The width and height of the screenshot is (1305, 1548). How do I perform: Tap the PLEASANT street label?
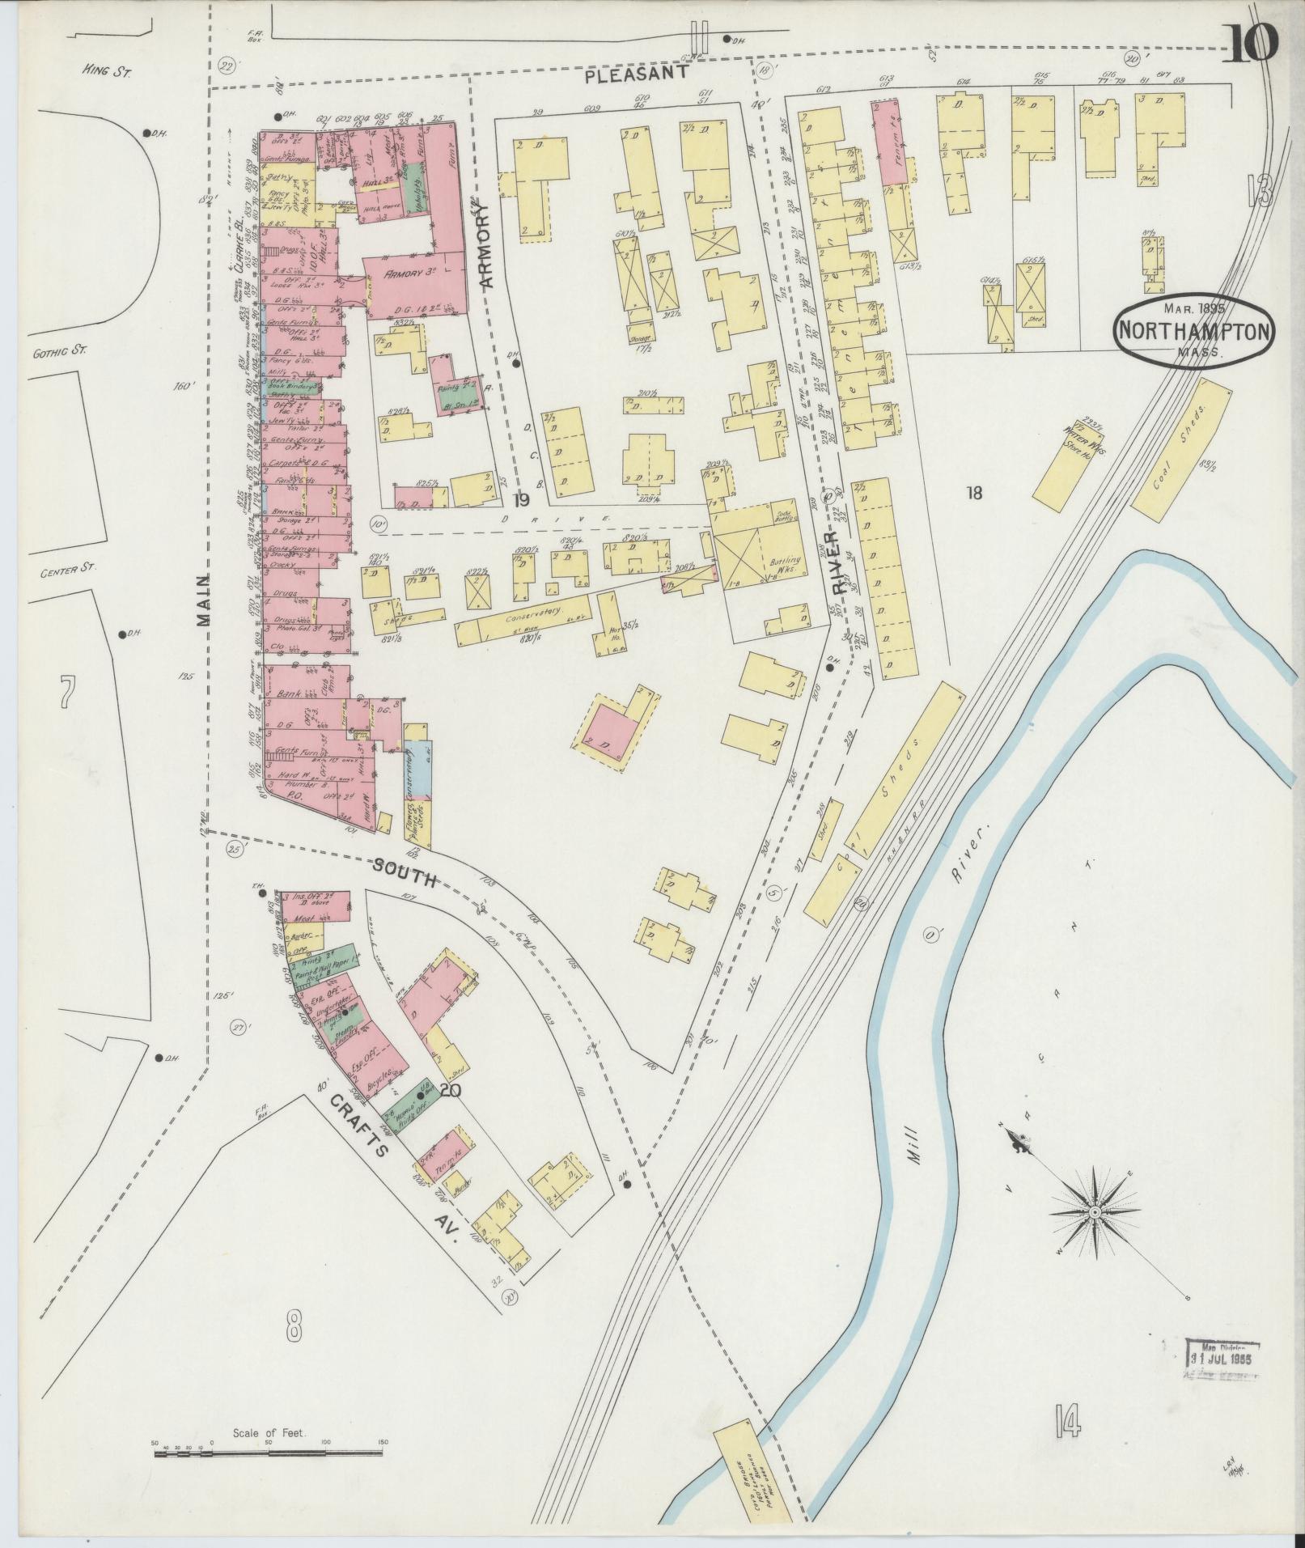(637, 73)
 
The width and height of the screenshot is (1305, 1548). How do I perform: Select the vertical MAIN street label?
(203, 600)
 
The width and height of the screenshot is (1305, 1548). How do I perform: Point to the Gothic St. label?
(61, 352)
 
